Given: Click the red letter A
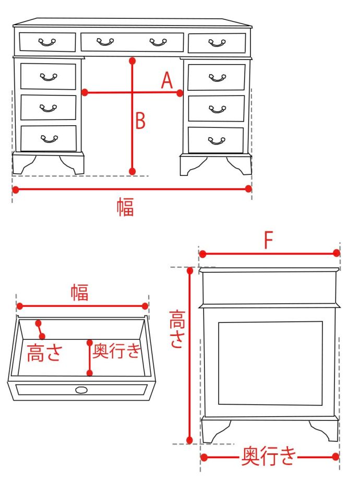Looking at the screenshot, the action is (x=167, y=80).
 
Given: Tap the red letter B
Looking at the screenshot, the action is (x=140, y=121).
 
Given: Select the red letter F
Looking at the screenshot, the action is (x=269, y=240).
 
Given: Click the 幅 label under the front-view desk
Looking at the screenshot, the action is (x=125, y=207).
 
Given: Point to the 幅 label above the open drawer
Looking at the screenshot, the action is (x=80, y=292).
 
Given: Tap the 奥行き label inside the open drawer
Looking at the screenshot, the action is (x=117, y=351).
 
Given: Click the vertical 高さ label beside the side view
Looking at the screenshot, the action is (x=177, y=329).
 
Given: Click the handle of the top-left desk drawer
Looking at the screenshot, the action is (x=47, y=42).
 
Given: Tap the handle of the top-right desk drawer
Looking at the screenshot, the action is (x=217, y=43).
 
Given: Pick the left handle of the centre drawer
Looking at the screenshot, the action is (x=105, y=42).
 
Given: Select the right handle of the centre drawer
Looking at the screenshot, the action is (x=158, y=42).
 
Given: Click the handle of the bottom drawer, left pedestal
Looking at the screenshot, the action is (x=49, y=139).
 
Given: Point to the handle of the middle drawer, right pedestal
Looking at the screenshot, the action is (x=218, y=109).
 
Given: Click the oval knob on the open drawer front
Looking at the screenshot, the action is (x=81, y=390).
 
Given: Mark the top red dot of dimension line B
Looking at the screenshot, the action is (x=132, y=61).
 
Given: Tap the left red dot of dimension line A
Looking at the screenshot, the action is (x=85, y=92).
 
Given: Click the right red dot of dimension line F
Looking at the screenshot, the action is (x=337, y=253).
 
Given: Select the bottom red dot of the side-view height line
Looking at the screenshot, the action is (x=189, y=440).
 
